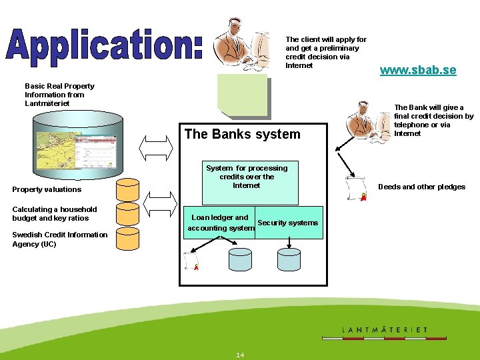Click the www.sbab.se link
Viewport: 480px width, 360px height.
[x=418, y=70]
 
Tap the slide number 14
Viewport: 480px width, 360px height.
[x=240, y=355]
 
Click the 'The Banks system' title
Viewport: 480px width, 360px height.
[x=242, y=134]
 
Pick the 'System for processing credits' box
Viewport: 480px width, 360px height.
[x=247, y=182]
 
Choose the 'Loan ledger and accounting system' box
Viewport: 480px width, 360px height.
[x=221, y=223]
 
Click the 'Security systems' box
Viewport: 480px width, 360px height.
[x=288, y=223]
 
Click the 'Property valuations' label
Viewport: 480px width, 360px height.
[x=47, y=189]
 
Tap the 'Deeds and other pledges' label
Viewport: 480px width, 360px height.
[x=421, y=187]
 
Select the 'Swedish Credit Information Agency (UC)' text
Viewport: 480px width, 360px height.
[x=59, y=239]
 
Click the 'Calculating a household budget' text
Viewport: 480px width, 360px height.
[x=54, y=213]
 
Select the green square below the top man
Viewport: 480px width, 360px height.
[x=242, y=94]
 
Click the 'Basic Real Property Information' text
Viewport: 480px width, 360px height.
[x=59, y=95]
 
